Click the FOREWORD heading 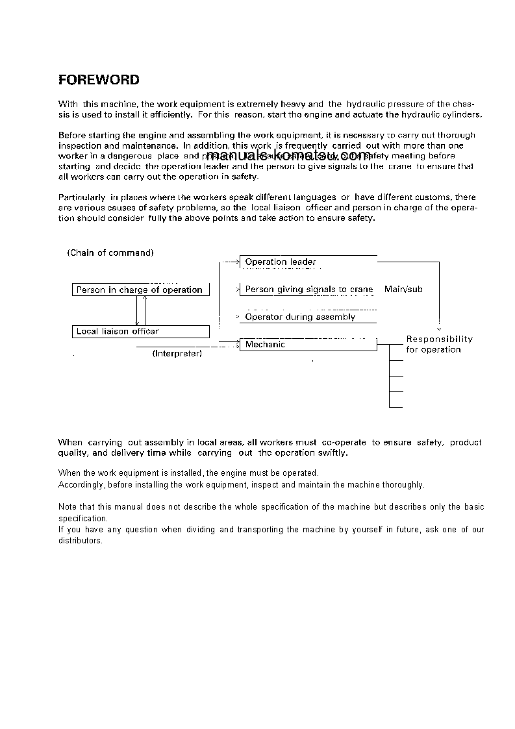click(x=99, y=80)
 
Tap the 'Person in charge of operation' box click(x=140, y=290)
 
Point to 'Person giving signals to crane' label click(x=308, y=290)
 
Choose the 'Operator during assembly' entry click(x=300, y=317)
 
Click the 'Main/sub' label click(x=403, y=290)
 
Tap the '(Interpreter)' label click(x=177, y=354)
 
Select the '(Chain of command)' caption click(x=110, y=253)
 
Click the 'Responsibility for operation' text click(x=439, y=344)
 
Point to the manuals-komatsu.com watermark click(x=288, y=156)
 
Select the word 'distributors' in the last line click(x=80, y=541)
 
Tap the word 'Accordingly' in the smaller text click(x=81, y=485)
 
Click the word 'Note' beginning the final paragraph click(x=67, y=507)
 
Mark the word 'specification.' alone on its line click(x=82, y=519)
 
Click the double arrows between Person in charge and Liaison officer click(x=140, y=311)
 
